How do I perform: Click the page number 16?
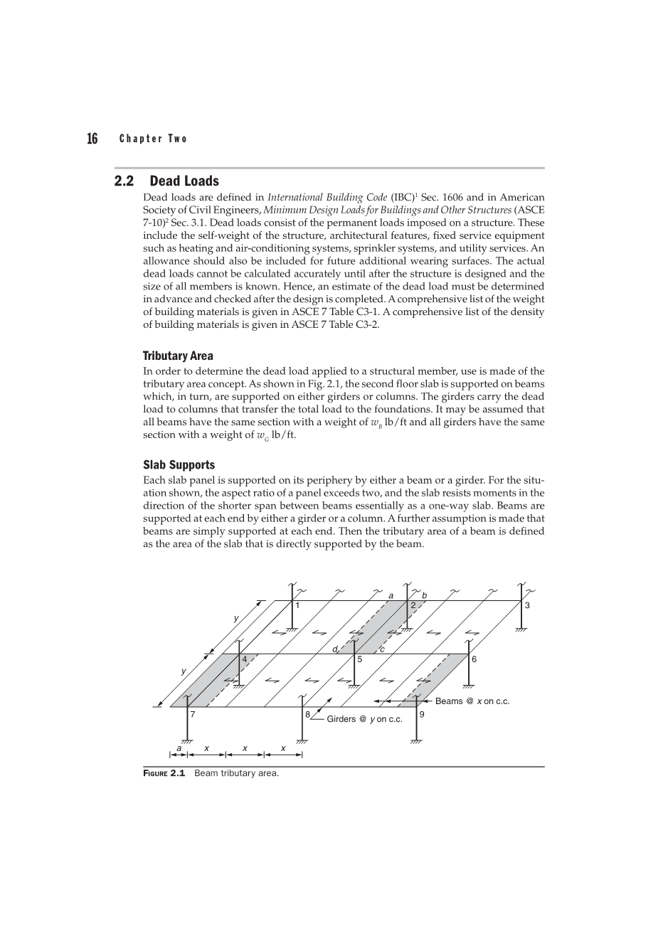point(92,139)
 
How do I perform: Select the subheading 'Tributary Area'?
point(178,356)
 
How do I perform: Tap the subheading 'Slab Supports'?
point(179,464)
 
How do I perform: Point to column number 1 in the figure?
point(297,605)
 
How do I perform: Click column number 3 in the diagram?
point(527,605)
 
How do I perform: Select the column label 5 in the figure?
point(360,659)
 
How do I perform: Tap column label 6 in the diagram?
point(474,659)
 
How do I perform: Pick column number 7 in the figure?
point(192,714)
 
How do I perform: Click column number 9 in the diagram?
point(422,714)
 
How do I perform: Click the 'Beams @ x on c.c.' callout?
point(472,701)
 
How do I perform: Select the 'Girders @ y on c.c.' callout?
point(364,719)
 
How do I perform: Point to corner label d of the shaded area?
point(334,649)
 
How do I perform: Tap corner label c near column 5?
point(382,649)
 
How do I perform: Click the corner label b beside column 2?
point(425,595)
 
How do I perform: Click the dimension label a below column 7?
point(179,748)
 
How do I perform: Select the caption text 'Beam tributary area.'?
point(237,773)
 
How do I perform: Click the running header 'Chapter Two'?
point(153,139)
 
